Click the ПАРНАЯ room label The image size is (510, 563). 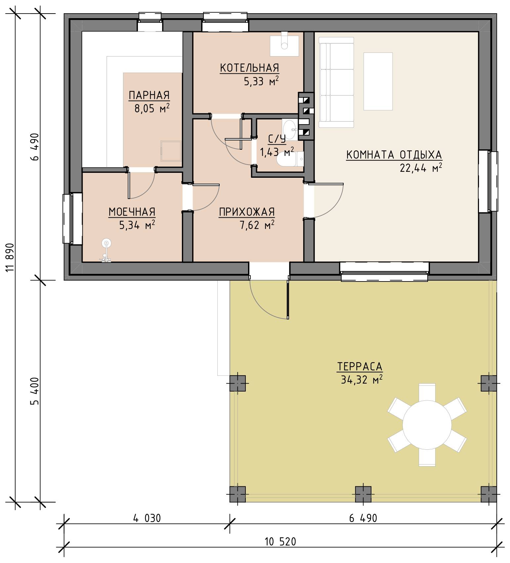coord(149,95)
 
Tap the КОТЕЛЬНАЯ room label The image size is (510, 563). coord(250,68)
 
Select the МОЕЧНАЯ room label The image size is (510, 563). coord(132,212)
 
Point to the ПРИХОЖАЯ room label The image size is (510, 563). coord(247,212)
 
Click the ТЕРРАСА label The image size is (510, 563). coord(360,367)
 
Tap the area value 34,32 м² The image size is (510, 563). coord(361,380)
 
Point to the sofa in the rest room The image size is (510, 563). coord(336,82)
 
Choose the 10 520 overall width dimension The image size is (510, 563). coord(280,542)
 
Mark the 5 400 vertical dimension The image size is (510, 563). coord(34,391)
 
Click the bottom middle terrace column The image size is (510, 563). coord(363,494)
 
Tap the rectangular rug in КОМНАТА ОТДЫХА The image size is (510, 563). coord(378,81)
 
